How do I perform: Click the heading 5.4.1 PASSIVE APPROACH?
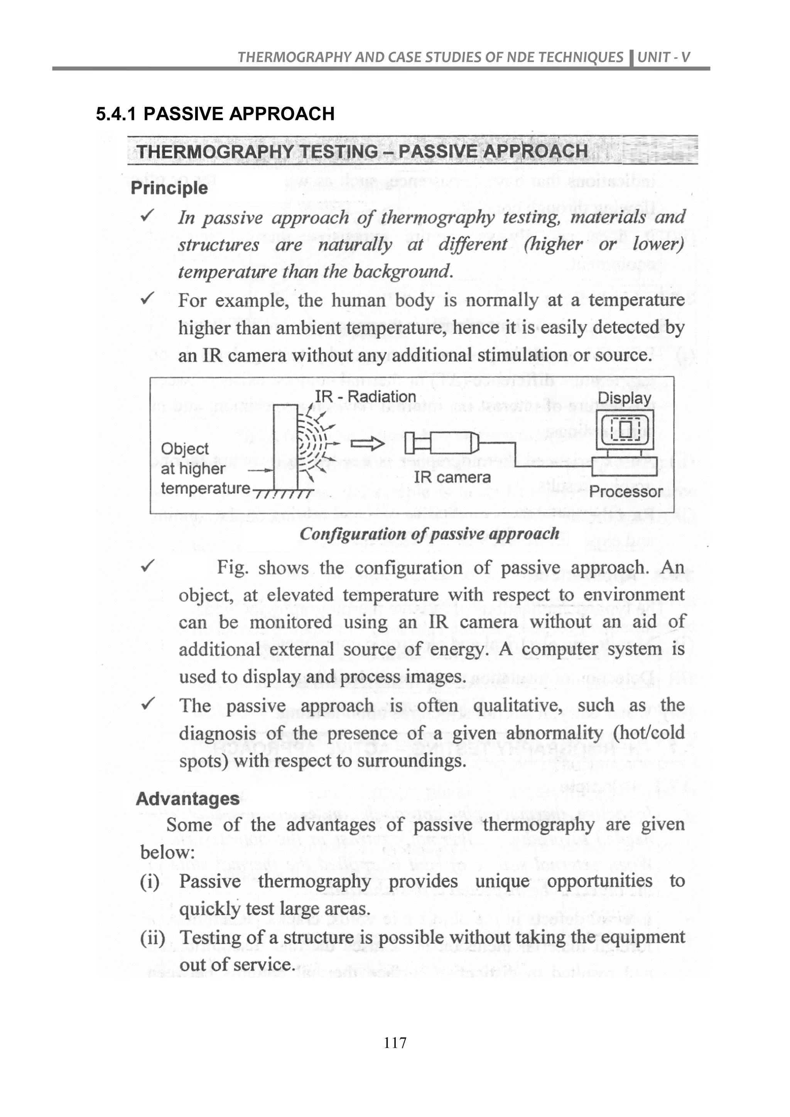(x=215, y=114)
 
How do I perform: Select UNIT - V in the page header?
(x=663, y=57)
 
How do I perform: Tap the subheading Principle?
(x=169, y=188)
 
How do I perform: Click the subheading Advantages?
(x=187, y=798)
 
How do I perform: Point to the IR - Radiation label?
(x=365, y=397)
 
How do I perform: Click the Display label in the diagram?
(x=624, y=398)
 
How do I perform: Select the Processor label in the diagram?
(x=626, y=491)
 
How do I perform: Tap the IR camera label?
(x=452, y=477)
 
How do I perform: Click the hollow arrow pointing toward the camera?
(x=368, y=443)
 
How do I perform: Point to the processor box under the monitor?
(x=625, y=466)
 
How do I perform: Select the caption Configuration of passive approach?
(x=429, y=534)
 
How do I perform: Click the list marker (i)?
(x=150, y=881)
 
